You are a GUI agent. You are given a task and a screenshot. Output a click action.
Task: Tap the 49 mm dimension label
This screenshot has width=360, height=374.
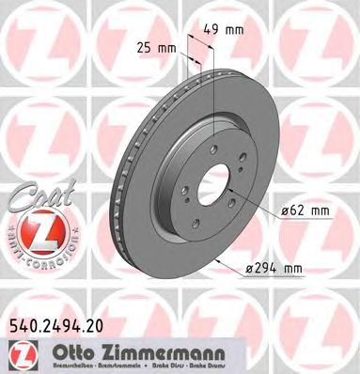click(228, 29)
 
